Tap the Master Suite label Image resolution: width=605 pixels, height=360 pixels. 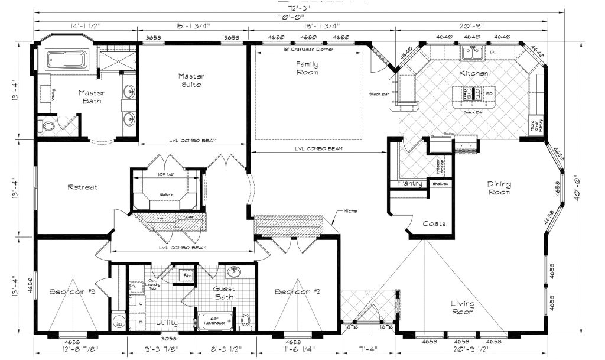190,80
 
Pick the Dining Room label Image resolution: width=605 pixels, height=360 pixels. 499,188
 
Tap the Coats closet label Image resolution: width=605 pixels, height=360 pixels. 434,224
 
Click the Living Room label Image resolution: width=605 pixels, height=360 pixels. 463,308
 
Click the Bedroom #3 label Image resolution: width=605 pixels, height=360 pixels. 72,292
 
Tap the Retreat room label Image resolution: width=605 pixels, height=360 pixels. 82,187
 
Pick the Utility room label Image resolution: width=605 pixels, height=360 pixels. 167,323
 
